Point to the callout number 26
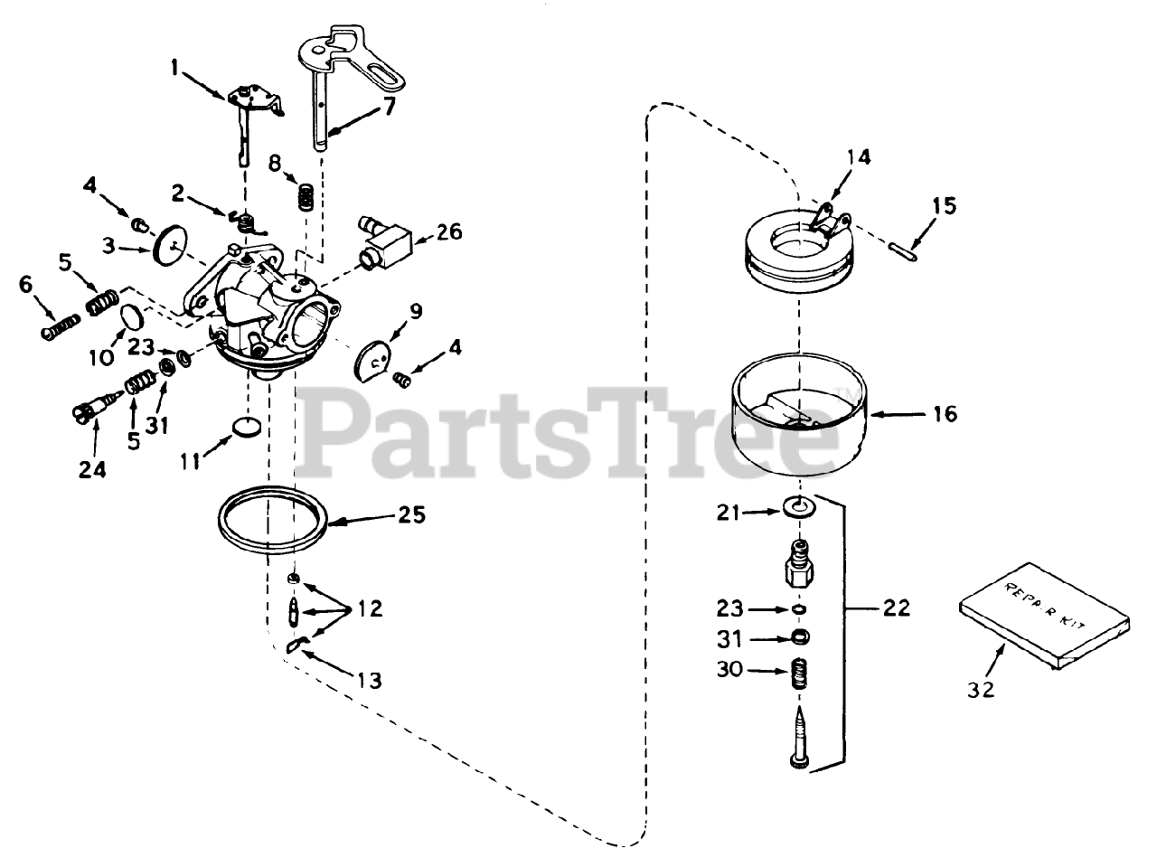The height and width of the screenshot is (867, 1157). [x=448, y=232]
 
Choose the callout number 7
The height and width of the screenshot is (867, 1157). [x=389, y=105]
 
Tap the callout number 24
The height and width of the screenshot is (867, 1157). [x=92, y=469]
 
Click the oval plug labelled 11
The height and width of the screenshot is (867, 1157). [x=248, y=426]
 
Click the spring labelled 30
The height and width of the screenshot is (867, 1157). [x=799, y=674]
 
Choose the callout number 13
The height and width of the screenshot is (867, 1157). [x=369, y=680]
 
